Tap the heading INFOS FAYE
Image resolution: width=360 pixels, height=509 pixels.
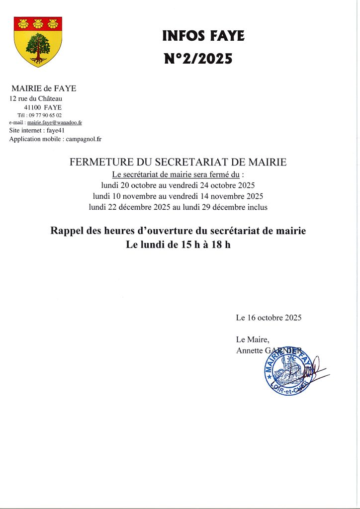click(203, 36)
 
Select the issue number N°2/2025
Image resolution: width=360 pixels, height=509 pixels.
click(198, 59)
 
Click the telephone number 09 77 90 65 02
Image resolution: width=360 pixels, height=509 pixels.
click(45, 115)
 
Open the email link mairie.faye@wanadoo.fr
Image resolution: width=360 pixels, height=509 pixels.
click(55, 122)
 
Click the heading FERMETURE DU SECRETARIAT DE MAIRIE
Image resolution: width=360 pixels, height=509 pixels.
click(179, 162)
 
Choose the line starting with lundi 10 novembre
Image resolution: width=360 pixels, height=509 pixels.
click(178, 196)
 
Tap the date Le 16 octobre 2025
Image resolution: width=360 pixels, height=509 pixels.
click(269, 317)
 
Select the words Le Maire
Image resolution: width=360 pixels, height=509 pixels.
click(253, 339)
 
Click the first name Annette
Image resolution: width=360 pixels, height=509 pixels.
click(249, 350)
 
